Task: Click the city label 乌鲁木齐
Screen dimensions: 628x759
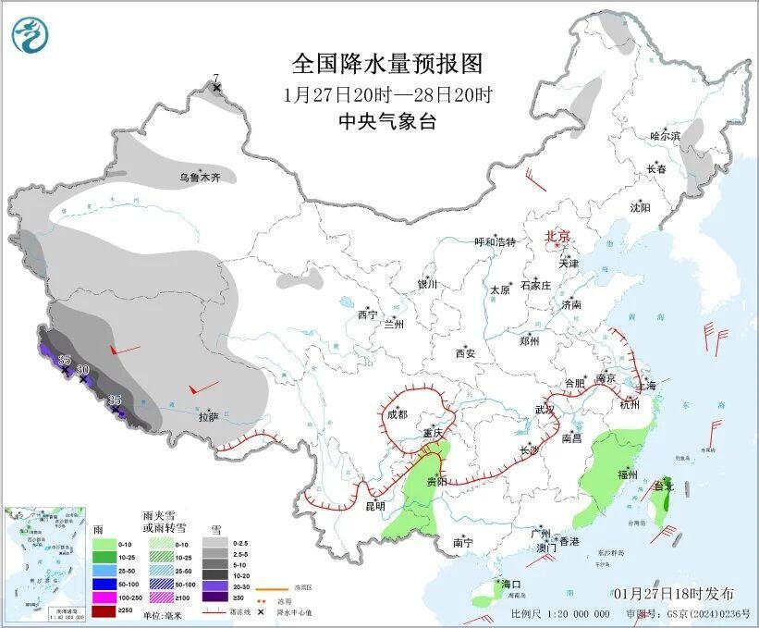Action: pyautogui.click(x=200, y=177)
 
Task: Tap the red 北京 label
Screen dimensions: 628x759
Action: pyautogui.click(x=558, y=236)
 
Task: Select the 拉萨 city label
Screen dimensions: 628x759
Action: pyautogui.click(x=209, y=417)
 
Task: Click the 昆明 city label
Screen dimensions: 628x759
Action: pyautogui.click(x=374, y=508)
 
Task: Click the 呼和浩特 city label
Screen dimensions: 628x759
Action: pyautogui.click(x=495, y=241)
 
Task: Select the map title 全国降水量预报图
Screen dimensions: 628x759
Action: pyautogui.click(x=387, y=64)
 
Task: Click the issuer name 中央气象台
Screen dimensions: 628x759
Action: pyautogui.click(x=386, y=121)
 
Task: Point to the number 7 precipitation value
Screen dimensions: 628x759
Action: pyautogui.click(x=216, y=78)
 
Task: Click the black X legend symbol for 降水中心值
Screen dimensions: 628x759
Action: pyautogui.click(x=261, y=612)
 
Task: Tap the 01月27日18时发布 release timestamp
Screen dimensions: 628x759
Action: pyautogui.click(x=673, y=593)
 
